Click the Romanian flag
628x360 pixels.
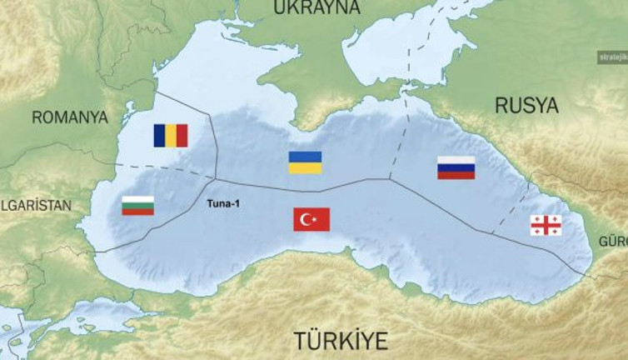171,135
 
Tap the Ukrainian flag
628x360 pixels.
305,162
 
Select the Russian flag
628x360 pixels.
456,167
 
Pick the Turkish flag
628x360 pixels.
312,219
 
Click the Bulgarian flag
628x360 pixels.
137,205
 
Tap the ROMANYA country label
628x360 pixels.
70,117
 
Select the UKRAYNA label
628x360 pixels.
317,7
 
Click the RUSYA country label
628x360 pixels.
526,105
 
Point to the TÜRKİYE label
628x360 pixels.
341,340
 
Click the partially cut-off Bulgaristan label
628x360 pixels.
36,205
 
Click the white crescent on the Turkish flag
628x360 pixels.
307,219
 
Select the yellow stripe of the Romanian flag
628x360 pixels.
171,135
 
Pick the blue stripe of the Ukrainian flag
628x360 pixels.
305,157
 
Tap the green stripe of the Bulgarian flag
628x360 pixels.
137,205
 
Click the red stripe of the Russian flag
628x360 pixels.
456,175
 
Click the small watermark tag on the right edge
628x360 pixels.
611,57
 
